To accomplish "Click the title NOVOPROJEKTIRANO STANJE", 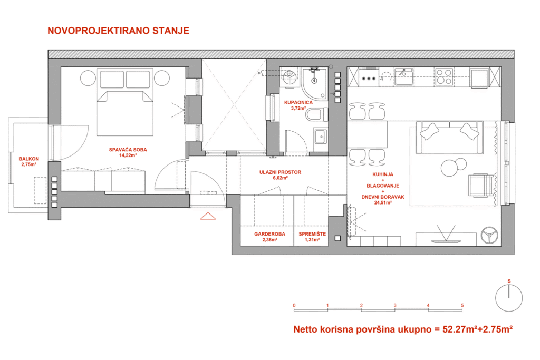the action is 118,31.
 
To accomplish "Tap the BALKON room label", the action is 29,159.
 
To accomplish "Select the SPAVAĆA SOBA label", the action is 128,150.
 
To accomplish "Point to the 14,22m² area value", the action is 128,155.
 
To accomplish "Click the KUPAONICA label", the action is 298,102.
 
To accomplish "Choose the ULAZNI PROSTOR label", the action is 280,172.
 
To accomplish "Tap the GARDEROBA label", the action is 269,234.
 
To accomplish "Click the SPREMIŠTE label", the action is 312,234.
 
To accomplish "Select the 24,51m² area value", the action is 383,203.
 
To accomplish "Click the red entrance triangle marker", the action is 208,216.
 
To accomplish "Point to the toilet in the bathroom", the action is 316,114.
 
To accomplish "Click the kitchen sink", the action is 403,77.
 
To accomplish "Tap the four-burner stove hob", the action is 444,77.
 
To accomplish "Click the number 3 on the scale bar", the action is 395,305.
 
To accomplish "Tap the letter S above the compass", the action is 509,281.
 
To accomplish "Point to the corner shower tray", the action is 314,83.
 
